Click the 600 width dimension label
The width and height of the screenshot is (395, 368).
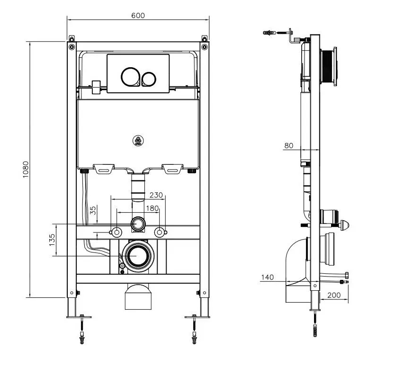[138, 16]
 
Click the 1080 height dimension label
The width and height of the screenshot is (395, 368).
[26, 170]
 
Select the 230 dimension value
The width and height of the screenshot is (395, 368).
[156, 195]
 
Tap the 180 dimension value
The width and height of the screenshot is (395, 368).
[153, 208]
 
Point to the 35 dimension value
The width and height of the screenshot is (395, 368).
[93, 210]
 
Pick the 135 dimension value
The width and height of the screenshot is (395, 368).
[52, 240]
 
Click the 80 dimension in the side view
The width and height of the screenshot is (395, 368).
[289, 145]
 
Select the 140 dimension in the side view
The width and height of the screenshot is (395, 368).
[267, 278]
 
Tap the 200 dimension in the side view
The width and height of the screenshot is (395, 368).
[334, 295]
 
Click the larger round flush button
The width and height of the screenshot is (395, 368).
[131, 77]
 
